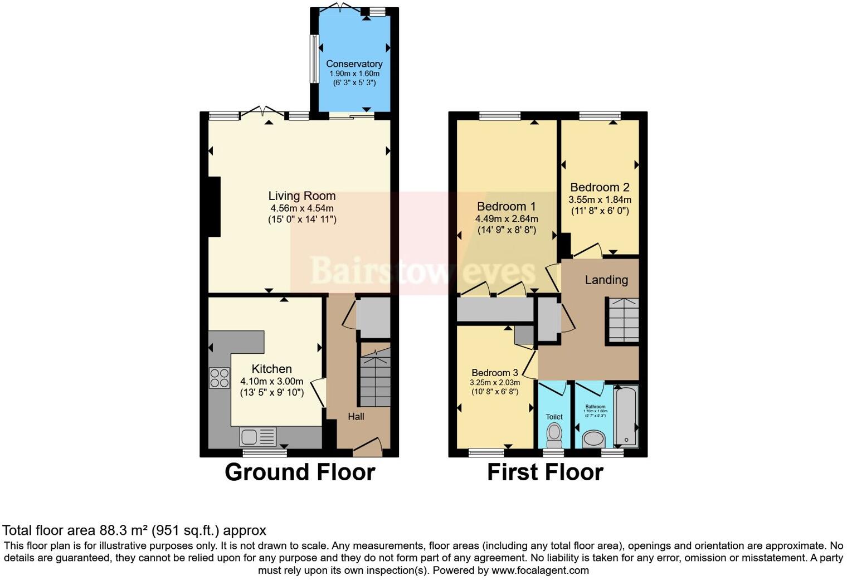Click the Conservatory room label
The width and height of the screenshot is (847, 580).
(354, 64)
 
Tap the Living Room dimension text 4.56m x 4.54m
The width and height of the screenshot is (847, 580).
(301, 208)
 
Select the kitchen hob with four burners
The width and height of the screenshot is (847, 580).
(219, 378)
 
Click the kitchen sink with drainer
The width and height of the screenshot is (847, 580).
(257, 435)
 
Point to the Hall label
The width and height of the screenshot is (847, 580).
(356, 416)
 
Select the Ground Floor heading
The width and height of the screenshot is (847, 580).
(300, 472)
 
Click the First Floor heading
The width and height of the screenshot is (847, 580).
(545, 472)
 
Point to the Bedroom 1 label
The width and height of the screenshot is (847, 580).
(506, 206)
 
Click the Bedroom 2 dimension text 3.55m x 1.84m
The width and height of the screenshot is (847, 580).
(600, 199)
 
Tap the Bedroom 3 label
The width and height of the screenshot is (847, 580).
(494, 373)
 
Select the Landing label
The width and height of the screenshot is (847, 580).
(606, 280)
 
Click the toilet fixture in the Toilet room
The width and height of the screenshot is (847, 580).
(554, 435)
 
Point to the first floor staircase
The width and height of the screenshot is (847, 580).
(622, 320)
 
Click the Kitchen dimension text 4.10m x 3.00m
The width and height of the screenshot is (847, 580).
(271, 381)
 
